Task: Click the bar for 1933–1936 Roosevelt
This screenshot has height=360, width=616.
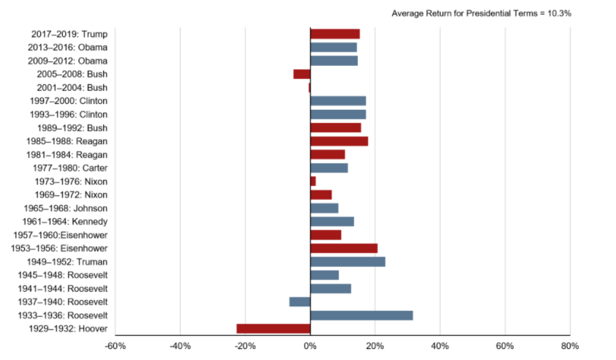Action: point(361,315)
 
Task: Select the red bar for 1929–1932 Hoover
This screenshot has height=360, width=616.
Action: point(274,329)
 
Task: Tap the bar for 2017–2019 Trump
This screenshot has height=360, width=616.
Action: point(335,34)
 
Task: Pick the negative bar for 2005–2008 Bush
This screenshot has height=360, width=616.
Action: point(302,74)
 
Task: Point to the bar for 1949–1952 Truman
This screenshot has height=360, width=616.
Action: point(348,262)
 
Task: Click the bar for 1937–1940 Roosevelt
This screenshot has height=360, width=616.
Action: point(300,301)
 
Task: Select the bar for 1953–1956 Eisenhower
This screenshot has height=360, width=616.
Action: point(344,248)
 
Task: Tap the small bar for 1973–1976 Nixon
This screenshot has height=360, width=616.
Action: point(313,181)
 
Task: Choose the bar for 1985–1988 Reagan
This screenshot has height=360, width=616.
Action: point(339,140)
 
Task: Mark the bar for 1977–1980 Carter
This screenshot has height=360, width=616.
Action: point(329,168)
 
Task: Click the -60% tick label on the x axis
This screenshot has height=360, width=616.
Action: point(116,345)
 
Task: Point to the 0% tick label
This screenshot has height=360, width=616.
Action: point(310,345)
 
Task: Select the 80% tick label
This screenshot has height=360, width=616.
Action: point(570,345)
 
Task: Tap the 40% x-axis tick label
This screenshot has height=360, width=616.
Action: point(440,345)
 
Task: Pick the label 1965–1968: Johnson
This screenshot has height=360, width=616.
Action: point(71,208)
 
